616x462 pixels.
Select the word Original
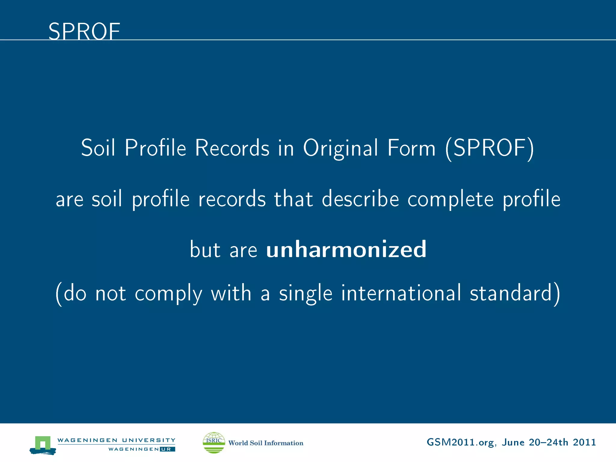[340, 148]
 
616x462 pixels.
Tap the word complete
[450, 199]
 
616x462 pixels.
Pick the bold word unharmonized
[346, 249]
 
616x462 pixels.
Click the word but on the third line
[205, 249]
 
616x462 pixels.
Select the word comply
[168, 294]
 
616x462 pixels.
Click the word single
[306, 294]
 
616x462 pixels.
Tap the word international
[401, 293]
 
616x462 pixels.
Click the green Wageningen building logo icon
[43, 445]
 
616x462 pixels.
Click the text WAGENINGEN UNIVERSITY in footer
[116, 440]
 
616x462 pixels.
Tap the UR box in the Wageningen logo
[167, 449]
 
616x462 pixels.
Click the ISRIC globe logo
[214, 442]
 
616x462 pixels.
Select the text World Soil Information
[266, 443]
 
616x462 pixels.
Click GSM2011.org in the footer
[460, 442]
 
